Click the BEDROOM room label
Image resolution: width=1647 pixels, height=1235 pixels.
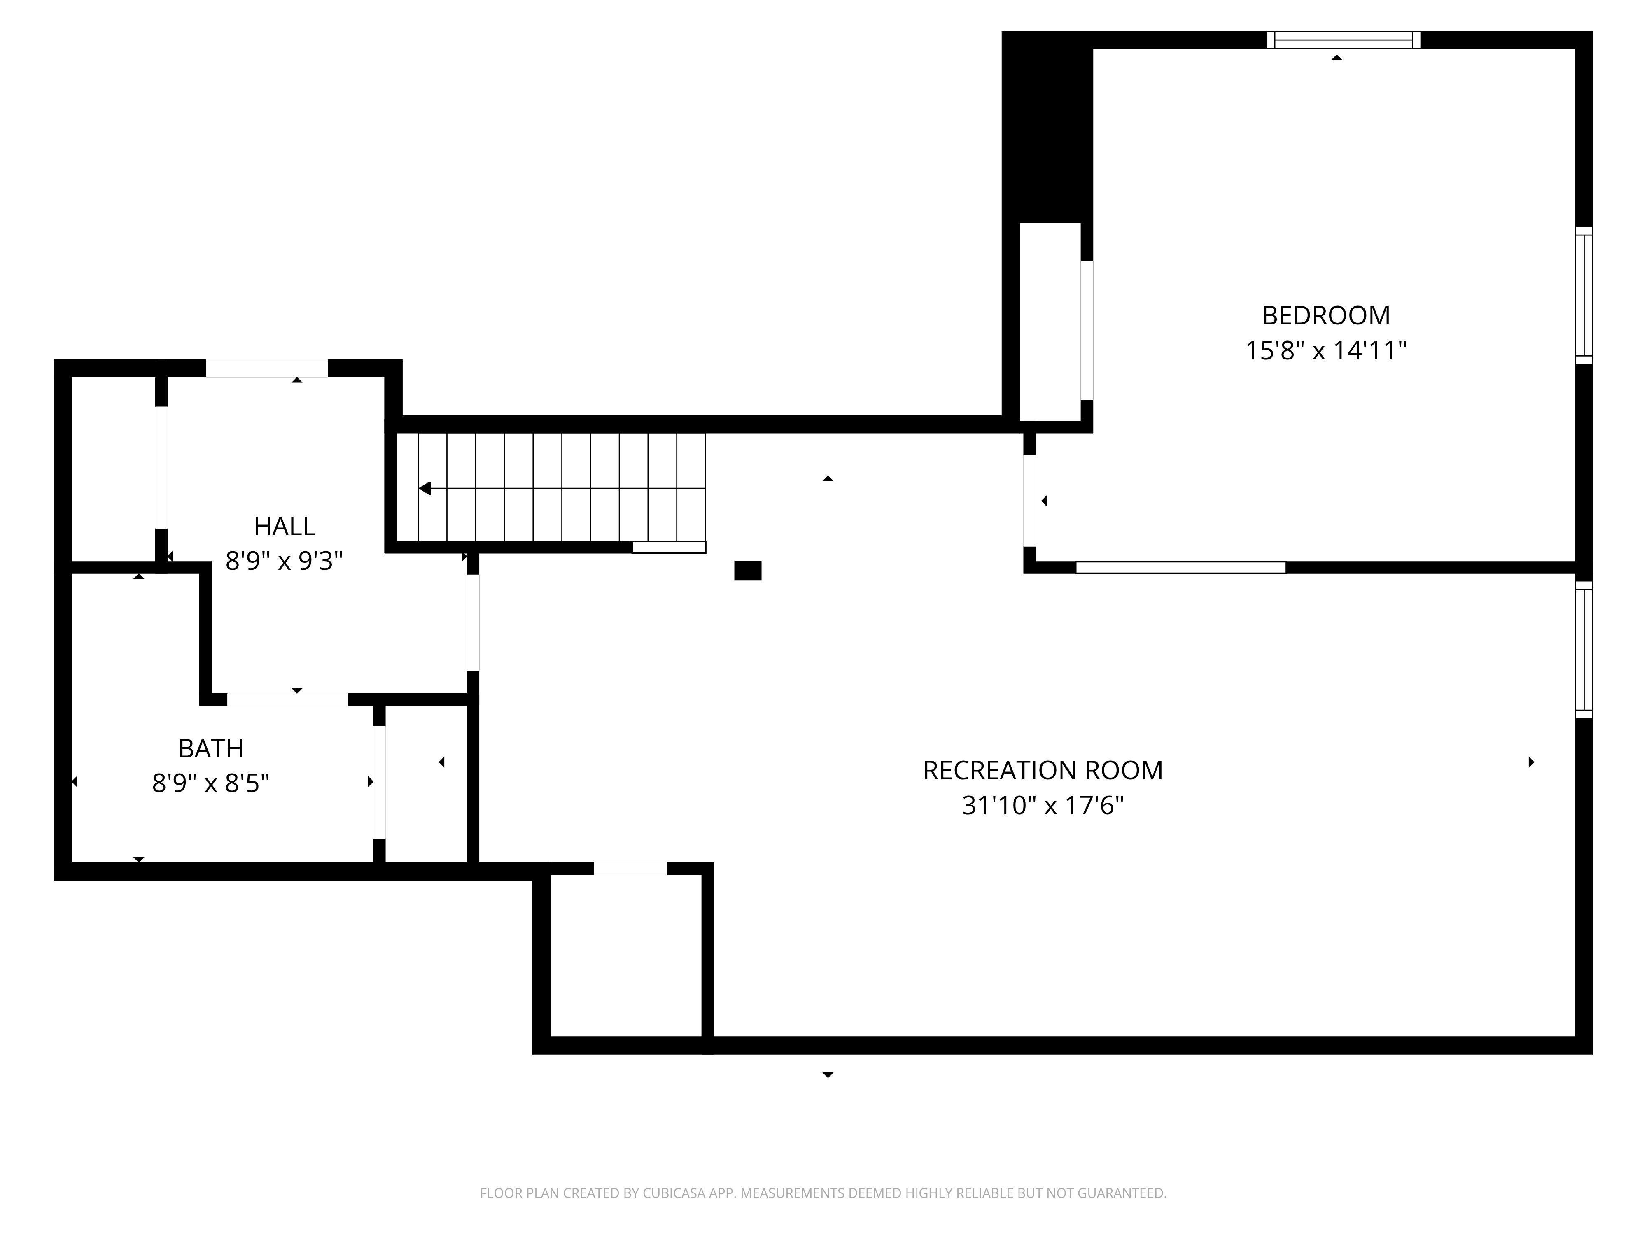click(x=1325, y=316)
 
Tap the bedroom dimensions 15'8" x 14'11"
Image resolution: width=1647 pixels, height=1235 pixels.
click(x=1325, y=351)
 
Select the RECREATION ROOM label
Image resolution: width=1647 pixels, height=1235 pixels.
click(x=1043, y=771)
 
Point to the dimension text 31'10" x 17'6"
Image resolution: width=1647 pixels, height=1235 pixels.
click(x=1043, y=806)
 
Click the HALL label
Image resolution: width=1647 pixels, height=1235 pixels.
click(x=285, y=526)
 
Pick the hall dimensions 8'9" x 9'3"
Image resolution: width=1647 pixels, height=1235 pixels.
click(x=285, y=561)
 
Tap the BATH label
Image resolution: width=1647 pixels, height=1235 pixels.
click(x=211, y=748)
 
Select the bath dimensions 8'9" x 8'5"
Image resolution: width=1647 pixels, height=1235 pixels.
click(x=211, y=783)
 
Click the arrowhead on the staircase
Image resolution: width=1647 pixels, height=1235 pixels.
click(x=425, y=488)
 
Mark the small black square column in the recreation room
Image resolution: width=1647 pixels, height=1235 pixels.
click(x=748, y=570)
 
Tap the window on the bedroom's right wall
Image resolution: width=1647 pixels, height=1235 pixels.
click(x=1584, y=296)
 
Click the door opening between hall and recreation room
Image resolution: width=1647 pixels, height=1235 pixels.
click(x=473, y=622)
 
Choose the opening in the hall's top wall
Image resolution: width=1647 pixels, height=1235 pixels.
click(x=266, y=368)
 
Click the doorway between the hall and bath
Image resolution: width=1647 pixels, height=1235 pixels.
click(x=287, y=699)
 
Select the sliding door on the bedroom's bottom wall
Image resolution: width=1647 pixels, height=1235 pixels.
click(x=1181, y=567)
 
